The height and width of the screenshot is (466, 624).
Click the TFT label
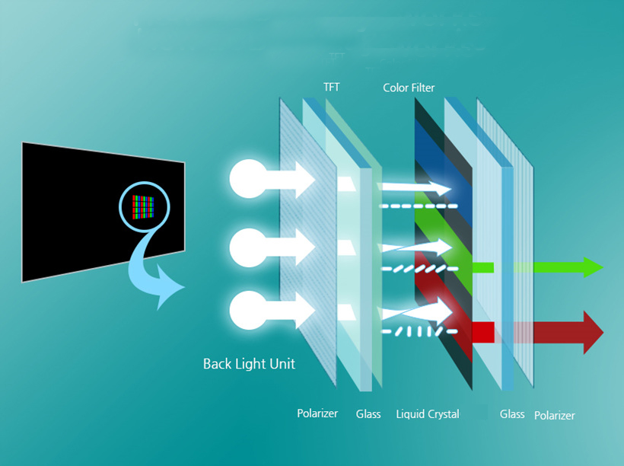[331, 88]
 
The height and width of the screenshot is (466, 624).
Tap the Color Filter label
[409, 88]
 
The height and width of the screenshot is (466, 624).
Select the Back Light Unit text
[249, 364]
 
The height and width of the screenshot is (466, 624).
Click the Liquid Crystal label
[428, 414]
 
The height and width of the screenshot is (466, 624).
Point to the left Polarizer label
[317, 414]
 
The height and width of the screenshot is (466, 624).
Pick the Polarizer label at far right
[554, 416]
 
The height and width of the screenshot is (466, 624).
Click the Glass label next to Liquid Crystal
[368, 414]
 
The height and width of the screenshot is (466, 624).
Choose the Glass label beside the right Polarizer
[512, 414]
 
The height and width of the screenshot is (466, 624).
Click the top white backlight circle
[247, 179]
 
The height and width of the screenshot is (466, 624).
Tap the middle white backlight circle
[247, 246]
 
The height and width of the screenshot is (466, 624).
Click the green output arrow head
[592, 267]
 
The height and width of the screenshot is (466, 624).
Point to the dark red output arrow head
[591, 332]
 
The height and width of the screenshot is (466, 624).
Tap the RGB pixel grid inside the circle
[144, 206]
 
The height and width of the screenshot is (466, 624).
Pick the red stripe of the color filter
[441, 305]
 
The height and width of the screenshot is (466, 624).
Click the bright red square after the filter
[483, 332]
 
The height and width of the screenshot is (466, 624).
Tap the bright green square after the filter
[483, 267]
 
